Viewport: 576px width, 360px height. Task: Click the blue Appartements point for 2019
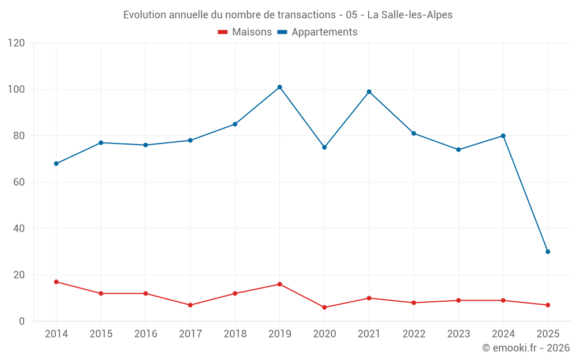tap(279, 87)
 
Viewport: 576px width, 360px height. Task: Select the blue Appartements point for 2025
tap(548, 252)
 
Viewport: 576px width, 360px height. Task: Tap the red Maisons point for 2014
tap(56, 282)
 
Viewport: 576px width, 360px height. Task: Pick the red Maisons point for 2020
tap(324, 308)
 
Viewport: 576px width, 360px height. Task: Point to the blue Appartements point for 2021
tap(369, 92)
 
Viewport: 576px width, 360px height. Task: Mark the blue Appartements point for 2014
tap(56, 164)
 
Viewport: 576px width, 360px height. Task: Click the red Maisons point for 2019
tap(279, 284)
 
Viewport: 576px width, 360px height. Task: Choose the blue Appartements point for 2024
tap(503, 136)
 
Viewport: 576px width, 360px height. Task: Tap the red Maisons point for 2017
tap(190, 305)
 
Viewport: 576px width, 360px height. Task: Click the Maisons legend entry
tap(245, 32)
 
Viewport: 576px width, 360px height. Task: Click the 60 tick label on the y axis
tap(19, 182)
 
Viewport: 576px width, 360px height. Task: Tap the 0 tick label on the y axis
tap(22, 321)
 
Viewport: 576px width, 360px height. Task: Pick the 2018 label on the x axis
tap(235, 334)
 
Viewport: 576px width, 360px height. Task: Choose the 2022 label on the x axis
tap(414, 334)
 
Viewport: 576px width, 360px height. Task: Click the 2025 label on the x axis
tap(548, 334)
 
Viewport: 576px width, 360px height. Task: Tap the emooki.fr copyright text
tap(526, 348)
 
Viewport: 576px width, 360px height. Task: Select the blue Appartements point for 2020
tap(324, 147)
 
